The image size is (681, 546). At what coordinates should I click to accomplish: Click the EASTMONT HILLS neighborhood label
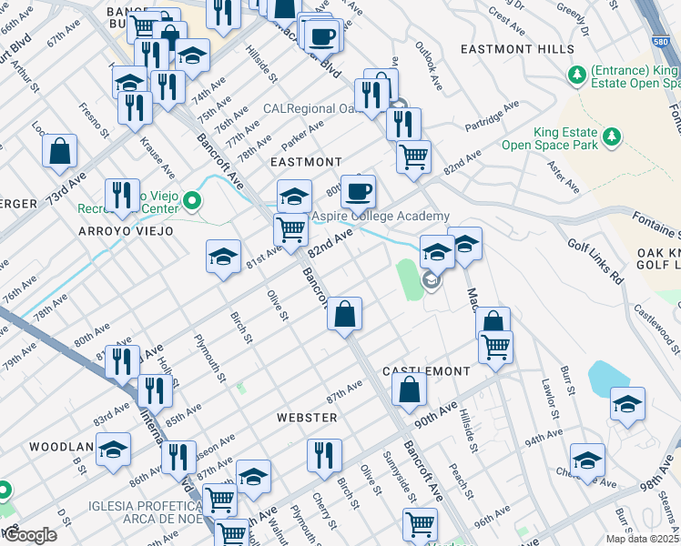pyautogui.click(x=517, y=49)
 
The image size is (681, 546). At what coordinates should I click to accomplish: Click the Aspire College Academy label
pyautogui.click(x=381, y=216)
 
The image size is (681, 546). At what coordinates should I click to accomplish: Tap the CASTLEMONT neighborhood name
pyautogui.click(x=426, y=371)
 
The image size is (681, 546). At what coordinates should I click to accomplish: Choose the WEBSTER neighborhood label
pyautogui.click(x=307, y=417)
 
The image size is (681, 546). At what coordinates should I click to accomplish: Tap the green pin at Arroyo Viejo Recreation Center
pyautogui.click(x=191, y=200)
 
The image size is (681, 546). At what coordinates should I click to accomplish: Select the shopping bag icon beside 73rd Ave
pyautogui.click(x=60, y=152)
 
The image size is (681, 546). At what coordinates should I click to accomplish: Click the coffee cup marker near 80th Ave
pyautogui.click(x=358, y=190)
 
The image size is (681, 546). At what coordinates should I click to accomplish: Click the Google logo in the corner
pyautogui.click(x=30, y=535)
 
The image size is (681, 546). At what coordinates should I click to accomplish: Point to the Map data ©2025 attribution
pyautogui.click(x=642, y=539)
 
